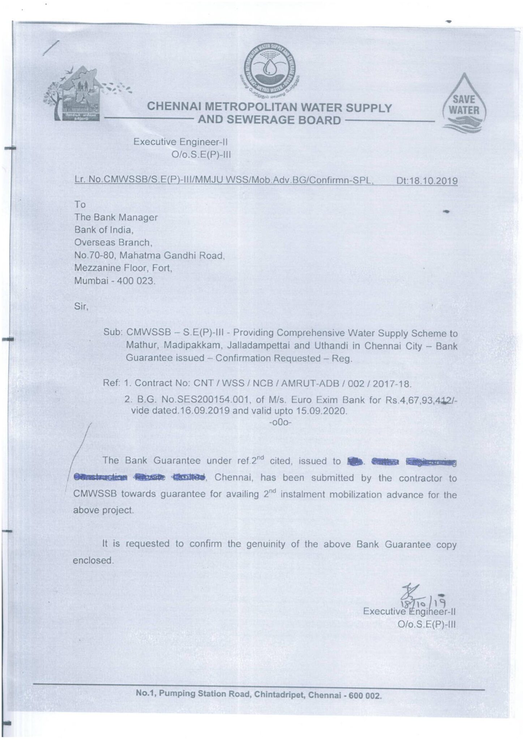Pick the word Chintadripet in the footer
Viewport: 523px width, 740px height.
[x=278, y=694]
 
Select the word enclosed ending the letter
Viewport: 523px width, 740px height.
[x=93, y=560]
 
